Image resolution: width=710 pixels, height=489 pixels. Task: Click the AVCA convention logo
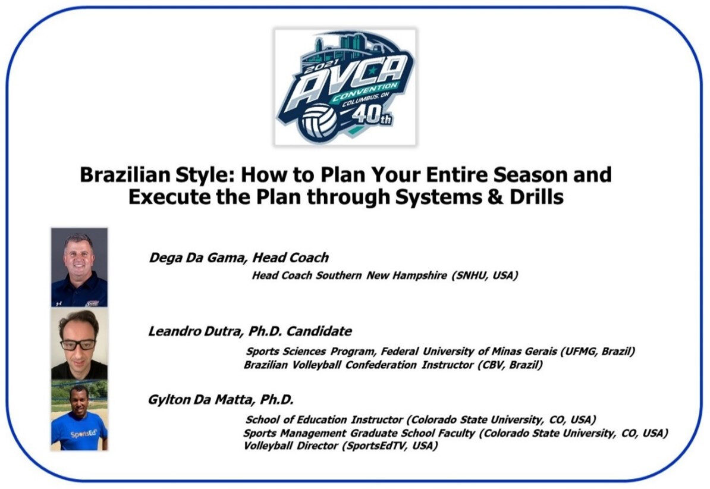345,87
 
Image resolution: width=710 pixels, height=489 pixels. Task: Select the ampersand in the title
495,197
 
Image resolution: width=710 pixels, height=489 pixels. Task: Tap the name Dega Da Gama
198,258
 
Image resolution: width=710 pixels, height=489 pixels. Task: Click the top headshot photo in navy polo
79,267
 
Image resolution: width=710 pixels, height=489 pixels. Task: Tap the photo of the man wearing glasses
79,343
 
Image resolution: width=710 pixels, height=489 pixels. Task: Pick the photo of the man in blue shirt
79,415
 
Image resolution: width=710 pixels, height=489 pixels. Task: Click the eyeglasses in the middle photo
78,344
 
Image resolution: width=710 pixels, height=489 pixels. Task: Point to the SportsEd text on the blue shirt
84,434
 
